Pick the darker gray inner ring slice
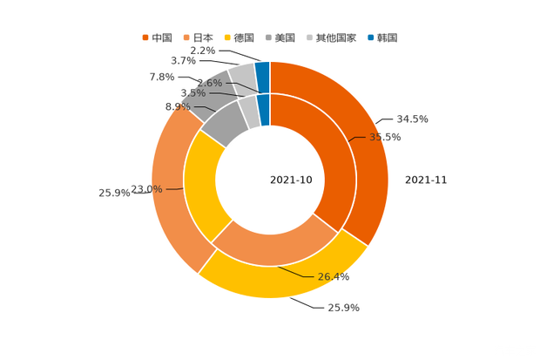[222, 126]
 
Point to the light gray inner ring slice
[249, 112]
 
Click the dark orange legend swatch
[145, 37]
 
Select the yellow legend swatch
[228, 37]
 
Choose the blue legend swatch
[371, 37]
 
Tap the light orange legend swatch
[186, 37]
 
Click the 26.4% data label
[334, 277]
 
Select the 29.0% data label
[146, 188]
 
